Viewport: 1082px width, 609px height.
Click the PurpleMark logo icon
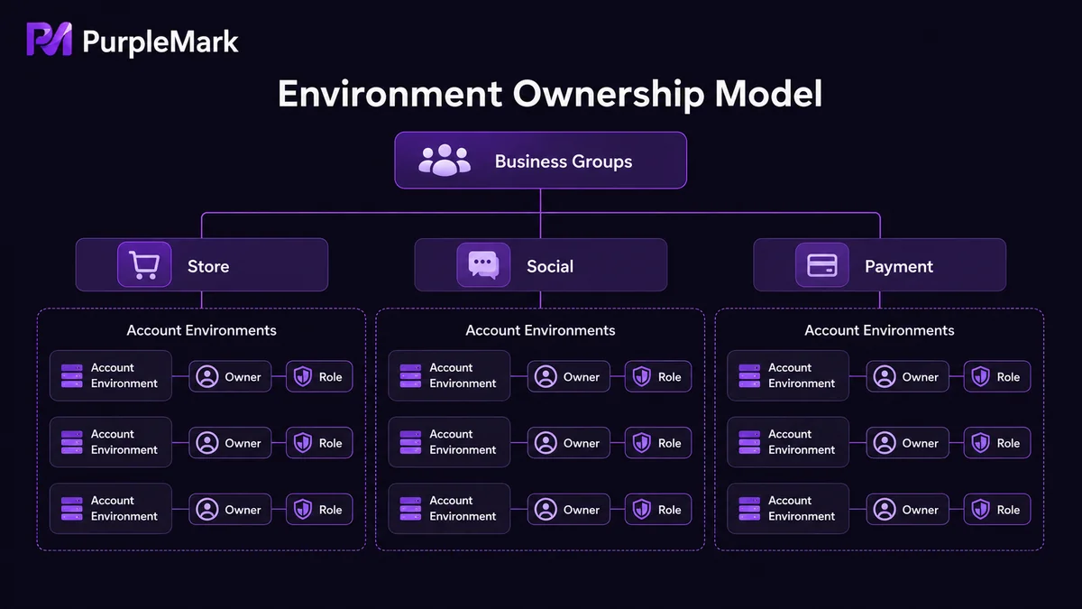50,39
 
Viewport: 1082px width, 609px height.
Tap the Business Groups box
540,160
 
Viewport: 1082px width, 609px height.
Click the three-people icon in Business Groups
445,160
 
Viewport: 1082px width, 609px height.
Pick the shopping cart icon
144,264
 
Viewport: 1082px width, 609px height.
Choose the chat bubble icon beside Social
483,264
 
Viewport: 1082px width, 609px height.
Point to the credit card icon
822,265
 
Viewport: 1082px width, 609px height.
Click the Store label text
208,266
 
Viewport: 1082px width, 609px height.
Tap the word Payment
899,266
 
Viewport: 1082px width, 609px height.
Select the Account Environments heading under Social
540,330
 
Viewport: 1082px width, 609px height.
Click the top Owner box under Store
230,376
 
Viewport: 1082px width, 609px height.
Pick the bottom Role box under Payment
997,510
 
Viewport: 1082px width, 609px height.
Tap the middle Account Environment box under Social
449,442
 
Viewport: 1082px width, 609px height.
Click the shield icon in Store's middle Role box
303,442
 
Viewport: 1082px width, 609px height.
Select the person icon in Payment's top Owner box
885,376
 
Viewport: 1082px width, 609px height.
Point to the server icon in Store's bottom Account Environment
72,509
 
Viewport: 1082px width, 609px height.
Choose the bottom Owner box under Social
569,510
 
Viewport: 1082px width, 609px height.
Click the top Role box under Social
658,376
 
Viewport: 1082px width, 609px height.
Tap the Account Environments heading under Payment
880,330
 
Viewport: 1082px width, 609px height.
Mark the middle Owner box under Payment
908,443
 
